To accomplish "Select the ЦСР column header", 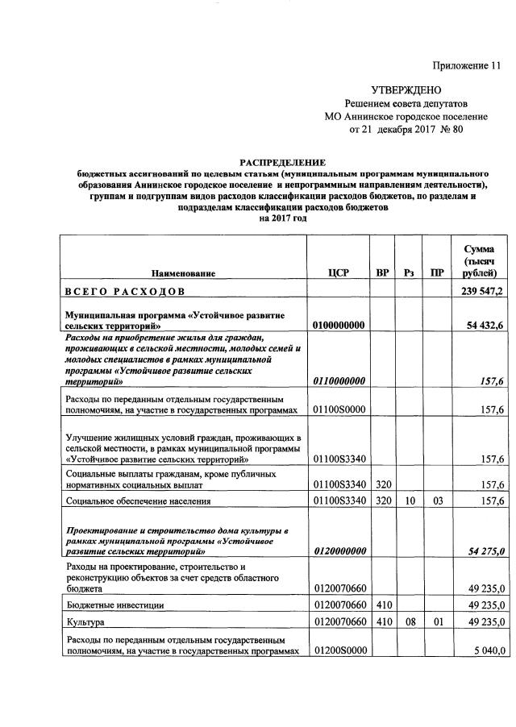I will [339, 273].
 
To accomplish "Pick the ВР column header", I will [382, 273].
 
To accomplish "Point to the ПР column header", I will [436, 273].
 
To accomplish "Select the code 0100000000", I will [339, 324].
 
